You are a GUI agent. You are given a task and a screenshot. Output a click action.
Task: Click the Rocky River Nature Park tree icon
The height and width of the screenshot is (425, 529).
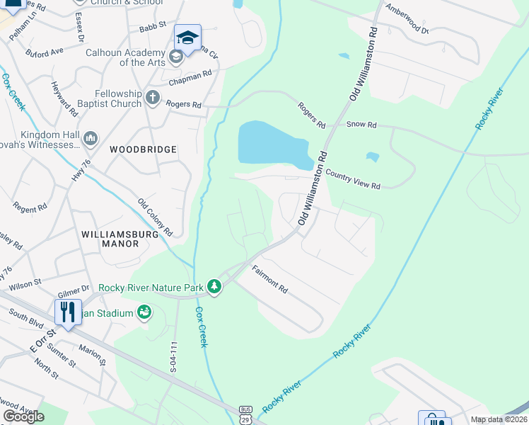click(x=214, y=287)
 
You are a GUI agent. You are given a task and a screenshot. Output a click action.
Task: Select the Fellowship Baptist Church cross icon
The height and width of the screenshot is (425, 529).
click(x=153, y=98)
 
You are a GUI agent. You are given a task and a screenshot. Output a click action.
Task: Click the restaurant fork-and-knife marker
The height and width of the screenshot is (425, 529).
click(x=67, y=312)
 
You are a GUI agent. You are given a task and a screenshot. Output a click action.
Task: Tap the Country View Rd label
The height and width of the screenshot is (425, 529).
click(x=353, y=178)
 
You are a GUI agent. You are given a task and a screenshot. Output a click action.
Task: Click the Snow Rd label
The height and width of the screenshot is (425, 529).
click(x=361, y=125)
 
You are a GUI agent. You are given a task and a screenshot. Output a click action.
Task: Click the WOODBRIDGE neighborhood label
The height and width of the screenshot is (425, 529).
click(x=143, y=149)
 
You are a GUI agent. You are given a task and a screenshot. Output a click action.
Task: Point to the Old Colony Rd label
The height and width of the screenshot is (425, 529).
click(x=155, y=217)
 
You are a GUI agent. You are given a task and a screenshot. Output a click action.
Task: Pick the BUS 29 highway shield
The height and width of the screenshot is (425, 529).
click(x=245, y=415)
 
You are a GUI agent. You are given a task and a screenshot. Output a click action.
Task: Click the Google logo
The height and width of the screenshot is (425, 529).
click(x=23, y=416)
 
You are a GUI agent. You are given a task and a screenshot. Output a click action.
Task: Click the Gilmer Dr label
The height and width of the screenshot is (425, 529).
click(x=74, y=288)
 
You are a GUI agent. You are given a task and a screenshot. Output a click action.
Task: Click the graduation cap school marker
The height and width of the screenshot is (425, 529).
click(x=187, y=38)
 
